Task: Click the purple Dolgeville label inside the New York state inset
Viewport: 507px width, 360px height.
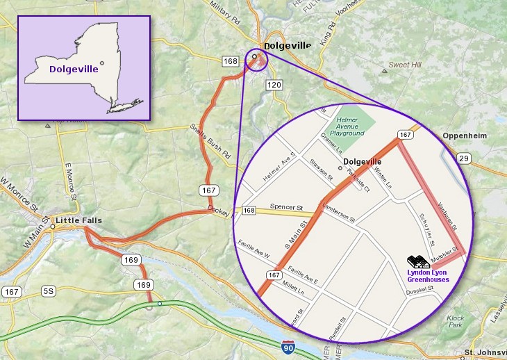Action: [72, 69]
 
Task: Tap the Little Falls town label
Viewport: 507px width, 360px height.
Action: [78, 221]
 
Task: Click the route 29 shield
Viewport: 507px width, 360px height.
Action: [463, 160]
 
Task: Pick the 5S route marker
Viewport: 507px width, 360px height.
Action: [48, 291]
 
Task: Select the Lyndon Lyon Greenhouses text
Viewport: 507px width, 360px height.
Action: [428, 276]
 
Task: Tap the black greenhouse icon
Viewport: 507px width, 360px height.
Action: [418, 262]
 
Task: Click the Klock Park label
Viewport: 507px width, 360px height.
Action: [456, 321]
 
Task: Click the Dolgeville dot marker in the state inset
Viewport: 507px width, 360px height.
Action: [102, 63]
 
